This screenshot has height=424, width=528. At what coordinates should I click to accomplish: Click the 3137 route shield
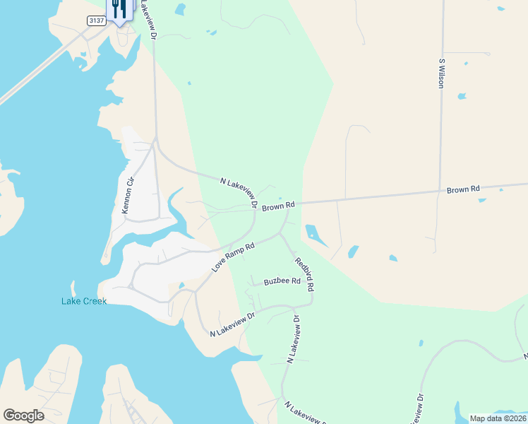[97, 21]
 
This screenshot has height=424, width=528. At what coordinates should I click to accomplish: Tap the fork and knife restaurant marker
[119, 9]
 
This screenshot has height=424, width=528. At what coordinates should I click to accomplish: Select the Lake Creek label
[83, 301]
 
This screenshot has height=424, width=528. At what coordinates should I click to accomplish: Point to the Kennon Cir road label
[128, 196]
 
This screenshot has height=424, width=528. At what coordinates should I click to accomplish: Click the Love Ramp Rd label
[233, 258]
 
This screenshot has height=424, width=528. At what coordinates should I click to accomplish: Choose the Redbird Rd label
[304, 274]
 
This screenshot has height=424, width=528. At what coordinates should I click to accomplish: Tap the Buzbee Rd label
[282, 281]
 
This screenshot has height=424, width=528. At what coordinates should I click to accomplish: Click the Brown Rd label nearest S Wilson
[463, 189]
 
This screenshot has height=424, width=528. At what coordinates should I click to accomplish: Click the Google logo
[23, 416]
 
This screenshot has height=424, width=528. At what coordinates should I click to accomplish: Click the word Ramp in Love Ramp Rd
[234, 257]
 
